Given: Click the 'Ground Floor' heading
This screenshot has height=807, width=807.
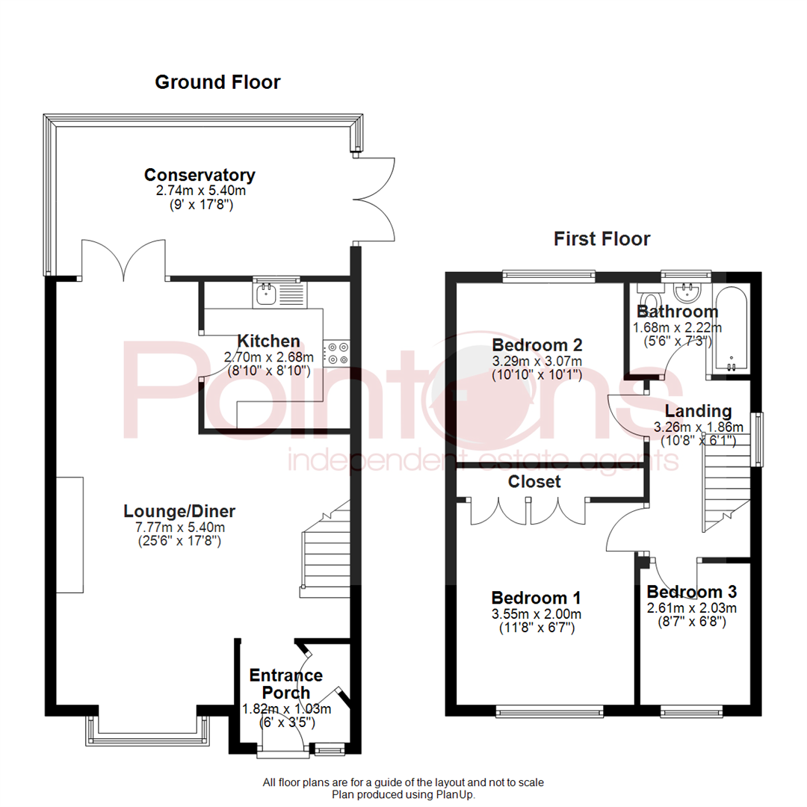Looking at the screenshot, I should pyautogui.click(x=217, y=82).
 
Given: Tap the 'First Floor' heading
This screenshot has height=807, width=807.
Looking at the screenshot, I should pyautogui.click(x=602, y=239).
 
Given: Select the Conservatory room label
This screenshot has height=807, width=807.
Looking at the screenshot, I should pyautogui.click(x=200, y=176).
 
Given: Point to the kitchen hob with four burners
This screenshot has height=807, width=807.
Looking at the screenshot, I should pyautogui.click(x=336, y=353).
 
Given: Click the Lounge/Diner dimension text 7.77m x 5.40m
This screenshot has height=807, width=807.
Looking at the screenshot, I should pyautogui.click(x=179, y=527).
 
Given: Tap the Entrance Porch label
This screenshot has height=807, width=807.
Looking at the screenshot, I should pyautogui.click(x=285, y=684).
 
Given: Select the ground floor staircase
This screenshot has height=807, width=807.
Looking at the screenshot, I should pyautogui.click(x=325, y=549).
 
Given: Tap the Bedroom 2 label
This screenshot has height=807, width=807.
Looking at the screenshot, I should pyautogui.click(x=537, y=345).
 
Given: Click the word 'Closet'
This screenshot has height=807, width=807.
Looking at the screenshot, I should pyautogui.click(x=534, y=482).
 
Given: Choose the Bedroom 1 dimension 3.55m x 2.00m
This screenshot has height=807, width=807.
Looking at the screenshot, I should pyautogui.click(x=536, y=614).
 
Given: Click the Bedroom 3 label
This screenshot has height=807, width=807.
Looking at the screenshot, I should pyautogui.click(x=691, y=592).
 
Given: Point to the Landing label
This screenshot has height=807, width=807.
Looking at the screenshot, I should pyautogui.click(x=698, y=411).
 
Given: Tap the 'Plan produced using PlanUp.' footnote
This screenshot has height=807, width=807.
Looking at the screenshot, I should pyautogui.click(x=403, y=794).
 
